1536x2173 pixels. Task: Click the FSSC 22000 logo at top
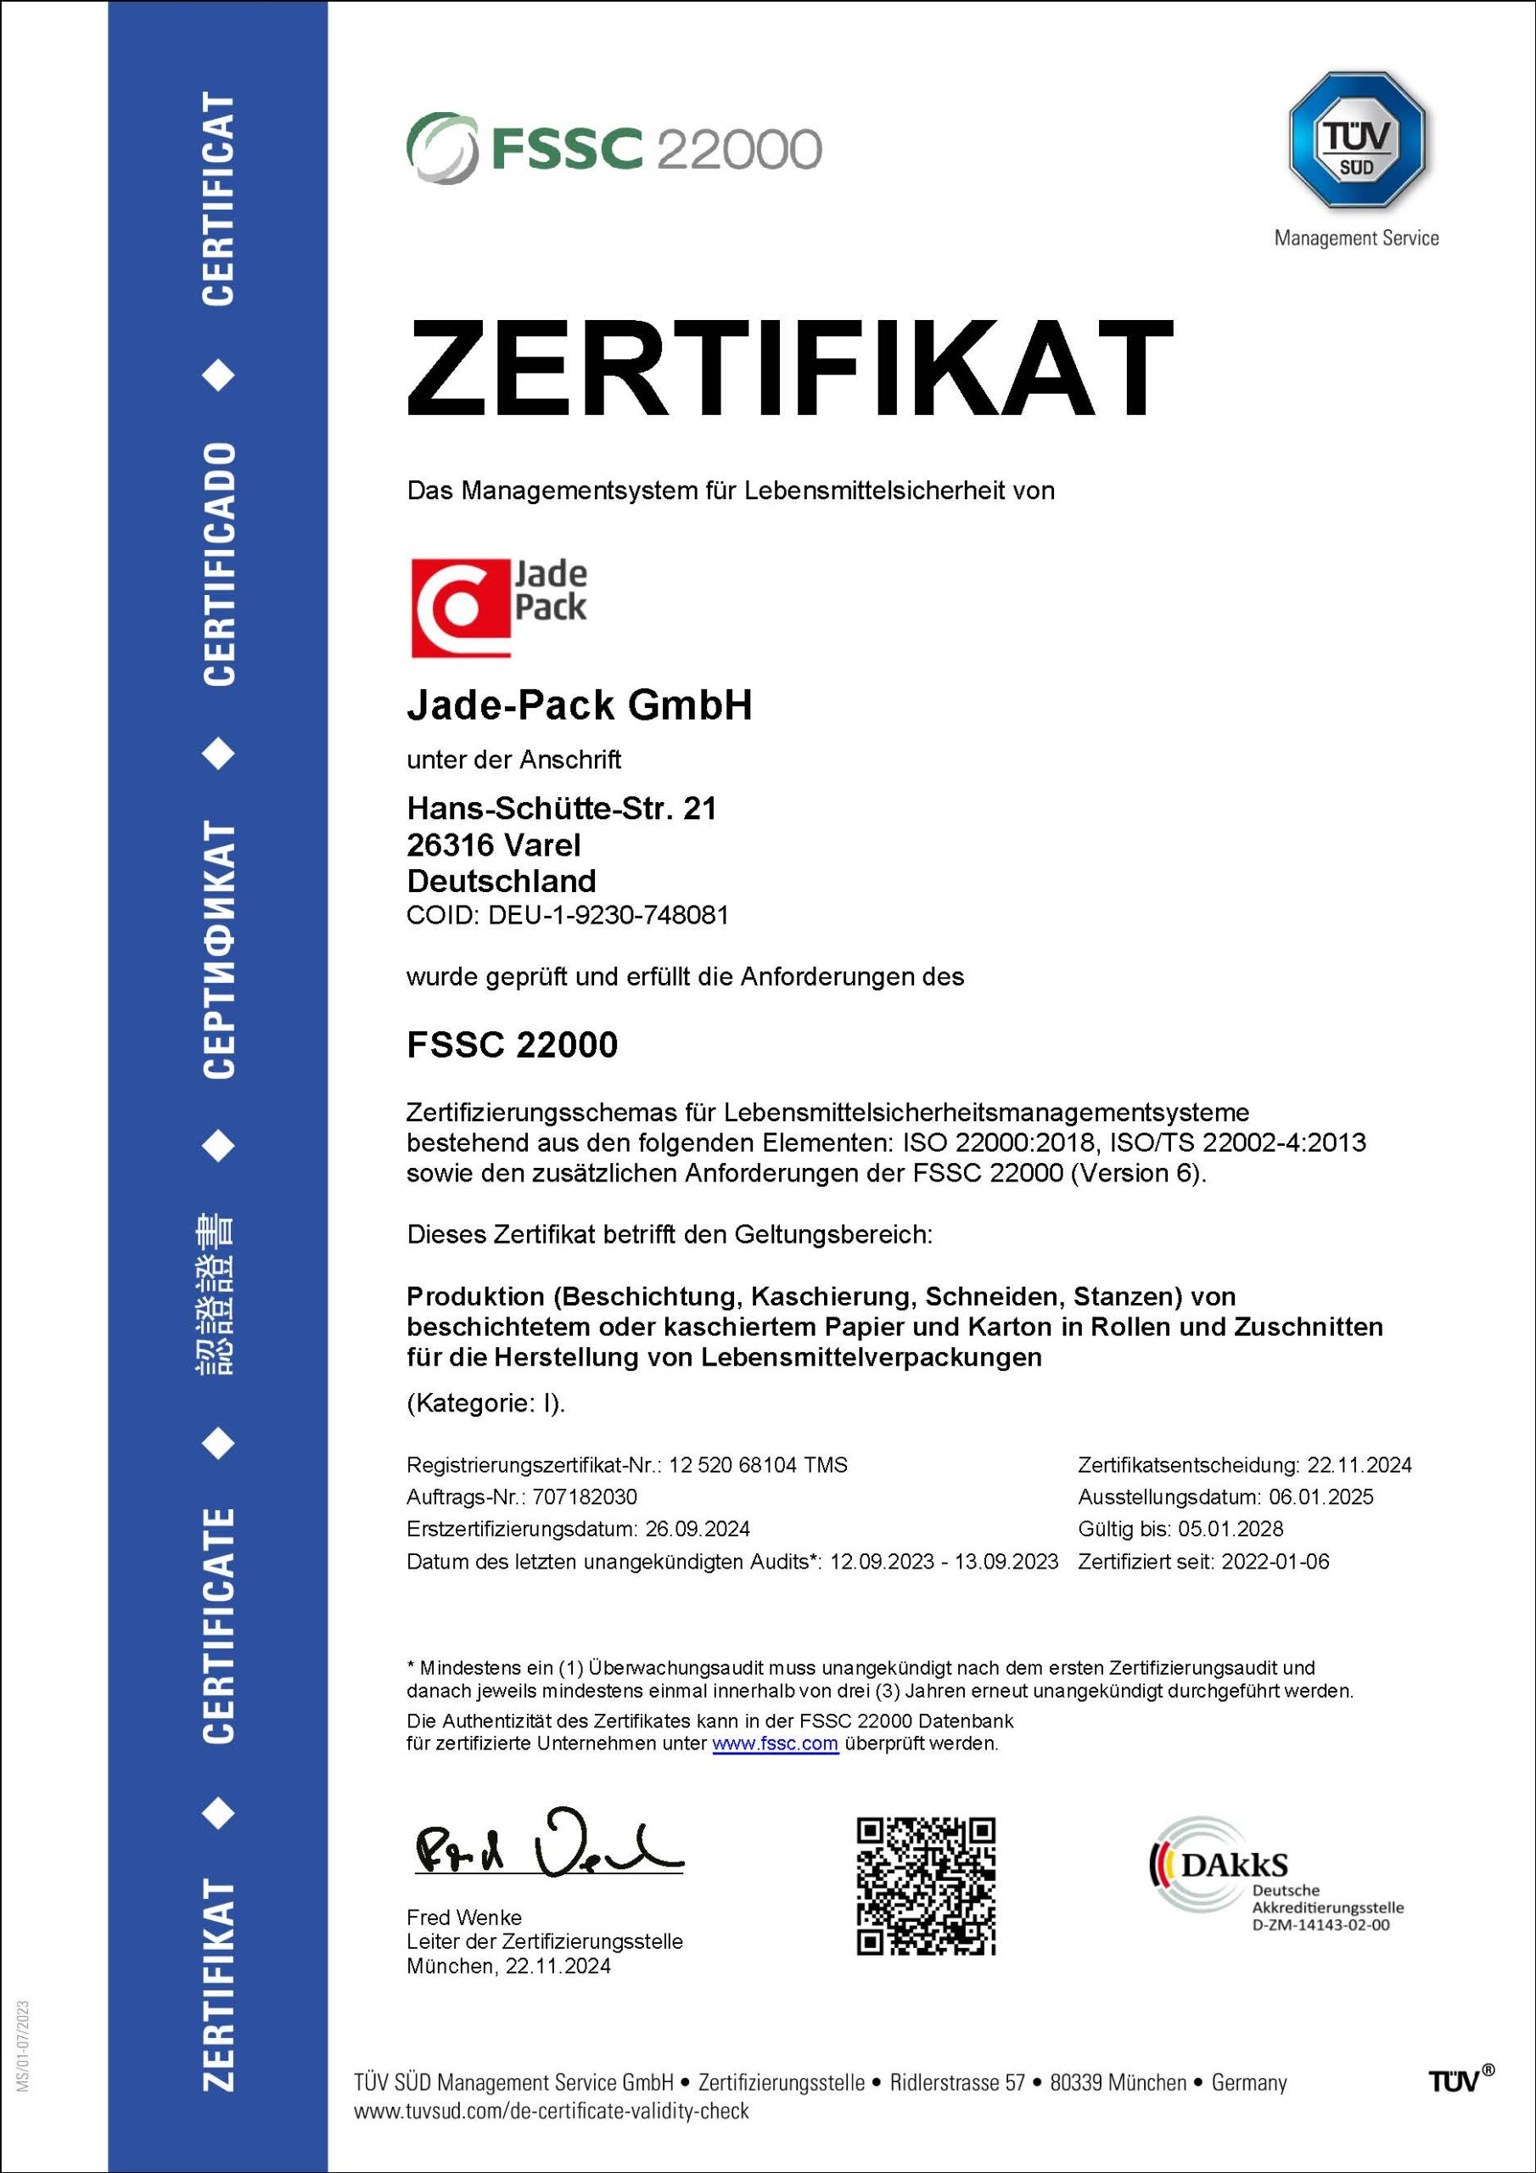coord(614,148)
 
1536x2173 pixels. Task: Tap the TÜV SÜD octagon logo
coord(1356,139)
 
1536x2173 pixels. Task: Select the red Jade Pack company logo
coord(499,607)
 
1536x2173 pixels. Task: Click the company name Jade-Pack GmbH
coord(580,705)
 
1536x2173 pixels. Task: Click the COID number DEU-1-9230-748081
coord(608,915)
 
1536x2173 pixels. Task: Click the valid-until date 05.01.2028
coord(1230,1529)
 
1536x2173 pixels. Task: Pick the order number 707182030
coord(585,1496)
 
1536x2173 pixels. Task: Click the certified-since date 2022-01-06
coord(1275,1561)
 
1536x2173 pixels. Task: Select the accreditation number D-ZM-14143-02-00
coord(1320,1925)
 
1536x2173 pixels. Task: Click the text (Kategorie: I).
coord(485,1402)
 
